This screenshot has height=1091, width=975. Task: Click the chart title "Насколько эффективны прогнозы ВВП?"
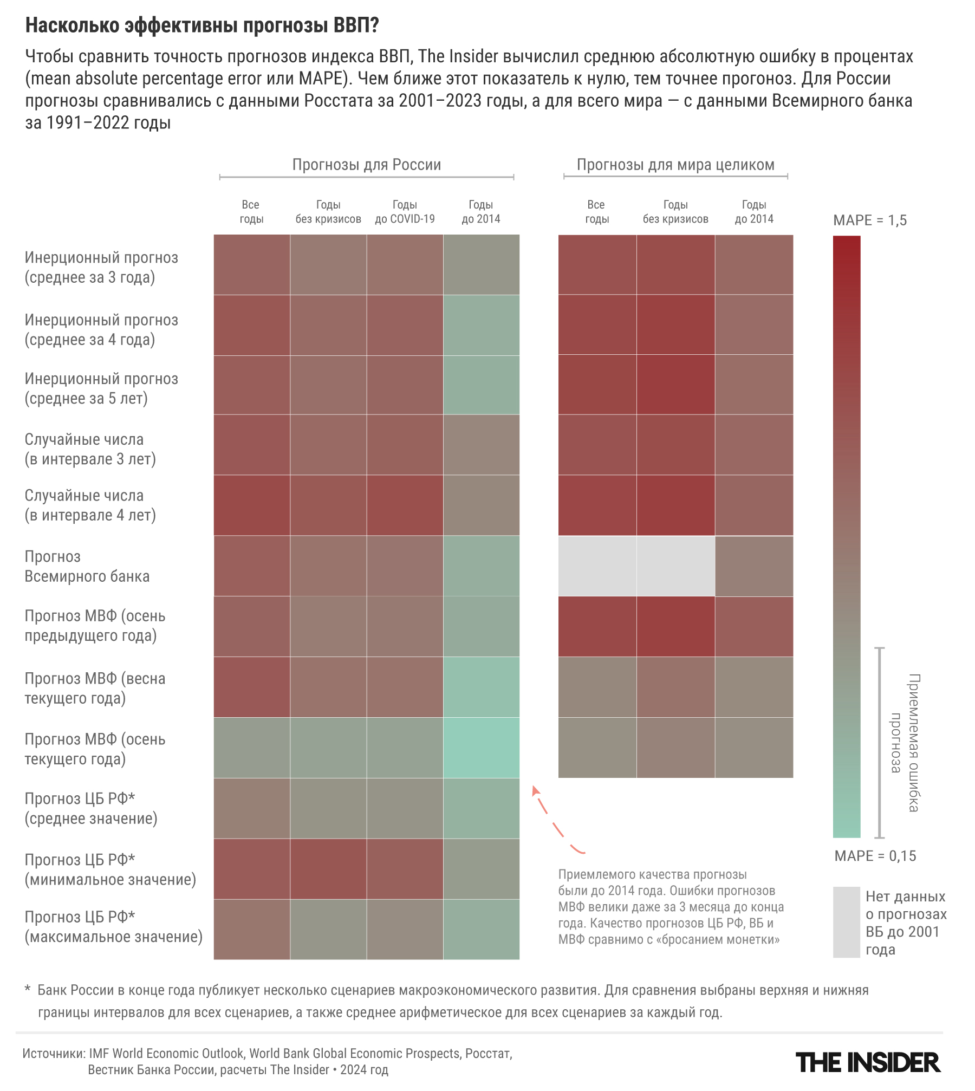pyautogui.click(x=202, y=25)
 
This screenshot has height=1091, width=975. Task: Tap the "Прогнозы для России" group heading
pyautogui.click(x=367, y=165)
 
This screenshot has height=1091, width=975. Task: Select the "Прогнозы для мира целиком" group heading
pyautogui.click(x=675, y=165)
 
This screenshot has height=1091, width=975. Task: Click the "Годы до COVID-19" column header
pyautogui.click(x=405, y=212)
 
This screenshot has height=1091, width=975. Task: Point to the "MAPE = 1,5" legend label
pyautogui.click(x=869, y=220)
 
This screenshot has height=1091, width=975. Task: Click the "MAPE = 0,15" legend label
pyautogui.click(x=875, y=856)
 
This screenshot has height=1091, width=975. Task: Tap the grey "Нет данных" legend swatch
pyautogui.click(x=846, y=922)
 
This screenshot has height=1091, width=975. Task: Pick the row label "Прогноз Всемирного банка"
pyautogui.click(x=87, y=567)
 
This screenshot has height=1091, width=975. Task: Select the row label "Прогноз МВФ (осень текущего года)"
pyautogui.click(x=95, y=749)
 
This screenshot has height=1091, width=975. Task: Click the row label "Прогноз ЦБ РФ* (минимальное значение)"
pyautogui.click(x=110, y=869)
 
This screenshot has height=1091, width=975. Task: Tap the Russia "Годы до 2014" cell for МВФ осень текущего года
pyautogui.click(x=481, y=748)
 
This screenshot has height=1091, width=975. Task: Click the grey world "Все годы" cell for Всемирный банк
pyautogui.click(x=597, y=566)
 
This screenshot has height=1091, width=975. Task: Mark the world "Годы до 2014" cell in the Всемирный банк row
pyautogui.click(x=753, y=566)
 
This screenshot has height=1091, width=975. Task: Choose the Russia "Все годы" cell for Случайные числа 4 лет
pyautogui.click(x=252, y=505)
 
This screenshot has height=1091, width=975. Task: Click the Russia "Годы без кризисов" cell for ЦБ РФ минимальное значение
pyautogui.click(x=328, y=869)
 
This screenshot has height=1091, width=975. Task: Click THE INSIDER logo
pyautogui.click(x=867, y=1062)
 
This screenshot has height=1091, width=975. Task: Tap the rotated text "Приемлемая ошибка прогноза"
pyautogui.click(x=905, y=743)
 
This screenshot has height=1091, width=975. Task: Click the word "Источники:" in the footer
pyautogui.click(x=54, y=1054)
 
